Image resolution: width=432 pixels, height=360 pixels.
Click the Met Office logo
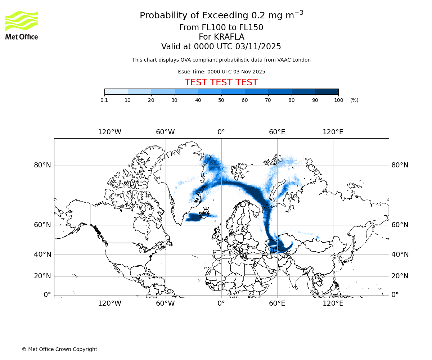(x=22, y=25)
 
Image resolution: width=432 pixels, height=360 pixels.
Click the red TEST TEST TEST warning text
(x=221, y=82)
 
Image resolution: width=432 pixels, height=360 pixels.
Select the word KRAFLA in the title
(x=229, y=37)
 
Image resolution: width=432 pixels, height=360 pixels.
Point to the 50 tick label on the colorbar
(x=221, y=100)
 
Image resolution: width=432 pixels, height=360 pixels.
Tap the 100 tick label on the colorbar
(x=338, y=100)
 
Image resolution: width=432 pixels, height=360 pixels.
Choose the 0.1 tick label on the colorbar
(x=104, y=100)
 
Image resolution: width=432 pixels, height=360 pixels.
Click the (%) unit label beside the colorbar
(x=354, y=100)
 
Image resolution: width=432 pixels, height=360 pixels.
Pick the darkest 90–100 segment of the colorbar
(x=327, y=91)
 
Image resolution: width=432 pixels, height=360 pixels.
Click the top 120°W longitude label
(x=110, y=132)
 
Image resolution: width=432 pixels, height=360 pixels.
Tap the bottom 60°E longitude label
(x=277, y=303)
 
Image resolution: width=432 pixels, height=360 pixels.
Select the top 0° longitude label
(x=221, y=132)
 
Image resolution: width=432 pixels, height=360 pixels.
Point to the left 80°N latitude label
(x=42, y=165)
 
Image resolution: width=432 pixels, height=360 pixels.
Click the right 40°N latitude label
(x=400, y=255)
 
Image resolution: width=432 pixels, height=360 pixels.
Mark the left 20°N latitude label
(x=42, y=276)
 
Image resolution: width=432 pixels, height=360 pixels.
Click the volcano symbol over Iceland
(x=206, y=211)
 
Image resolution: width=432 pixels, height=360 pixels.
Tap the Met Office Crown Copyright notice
(x=59, y=349)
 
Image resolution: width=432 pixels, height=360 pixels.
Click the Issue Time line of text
(x=221, y=72)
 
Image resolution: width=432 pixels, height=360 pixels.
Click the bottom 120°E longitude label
(x=333, y=303)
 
